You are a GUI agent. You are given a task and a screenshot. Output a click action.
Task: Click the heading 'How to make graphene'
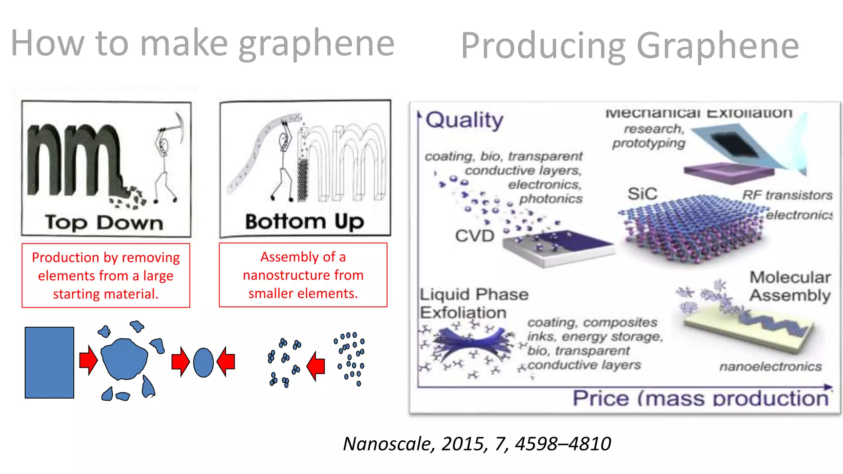(x=202, y=44)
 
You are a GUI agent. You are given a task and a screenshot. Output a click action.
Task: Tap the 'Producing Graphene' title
(x=630, y=46)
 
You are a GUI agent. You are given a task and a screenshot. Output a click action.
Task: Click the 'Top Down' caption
(x=104, y=223)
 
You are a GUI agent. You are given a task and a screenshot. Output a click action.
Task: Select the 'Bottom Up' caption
(x=305, y=221)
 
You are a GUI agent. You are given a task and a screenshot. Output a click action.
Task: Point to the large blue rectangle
(x=49, y=362)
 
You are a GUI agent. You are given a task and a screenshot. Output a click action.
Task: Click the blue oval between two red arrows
(x=203, y=362)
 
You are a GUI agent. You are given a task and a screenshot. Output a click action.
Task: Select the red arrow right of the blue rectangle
(x=88, y=360)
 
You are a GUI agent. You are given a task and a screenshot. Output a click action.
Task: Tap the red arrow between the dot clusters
(x=316, y=365)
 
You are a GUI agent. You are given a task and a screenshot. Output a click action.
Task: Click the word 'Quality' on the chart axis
(x=464, y=120)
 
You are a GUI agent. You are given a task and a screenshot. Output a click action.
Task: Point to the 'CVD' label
(x=475, y=236)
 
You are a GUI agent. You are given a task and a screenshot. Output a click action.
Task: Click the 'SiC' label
(x=642, y=194)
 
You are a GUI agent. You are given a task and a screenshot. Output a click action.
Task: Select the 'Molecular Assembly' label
(x=790, y=286)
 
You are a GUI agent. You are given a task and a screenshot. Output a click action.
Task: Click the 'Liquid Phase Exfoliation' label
(x=474, y=303)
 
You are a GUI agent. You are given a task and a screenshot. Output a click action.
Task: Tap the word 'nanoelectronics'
(x=770, y=366)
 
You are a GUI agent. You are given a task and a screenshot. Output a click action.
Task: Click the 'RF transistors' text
(x=787, y=195)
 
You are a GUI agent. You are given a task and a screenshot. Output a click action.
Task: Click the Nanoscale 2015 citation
(x=477, y=444)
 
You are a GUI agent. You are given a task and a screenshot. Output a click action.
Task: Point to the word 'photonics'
(x=551, y=199)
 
